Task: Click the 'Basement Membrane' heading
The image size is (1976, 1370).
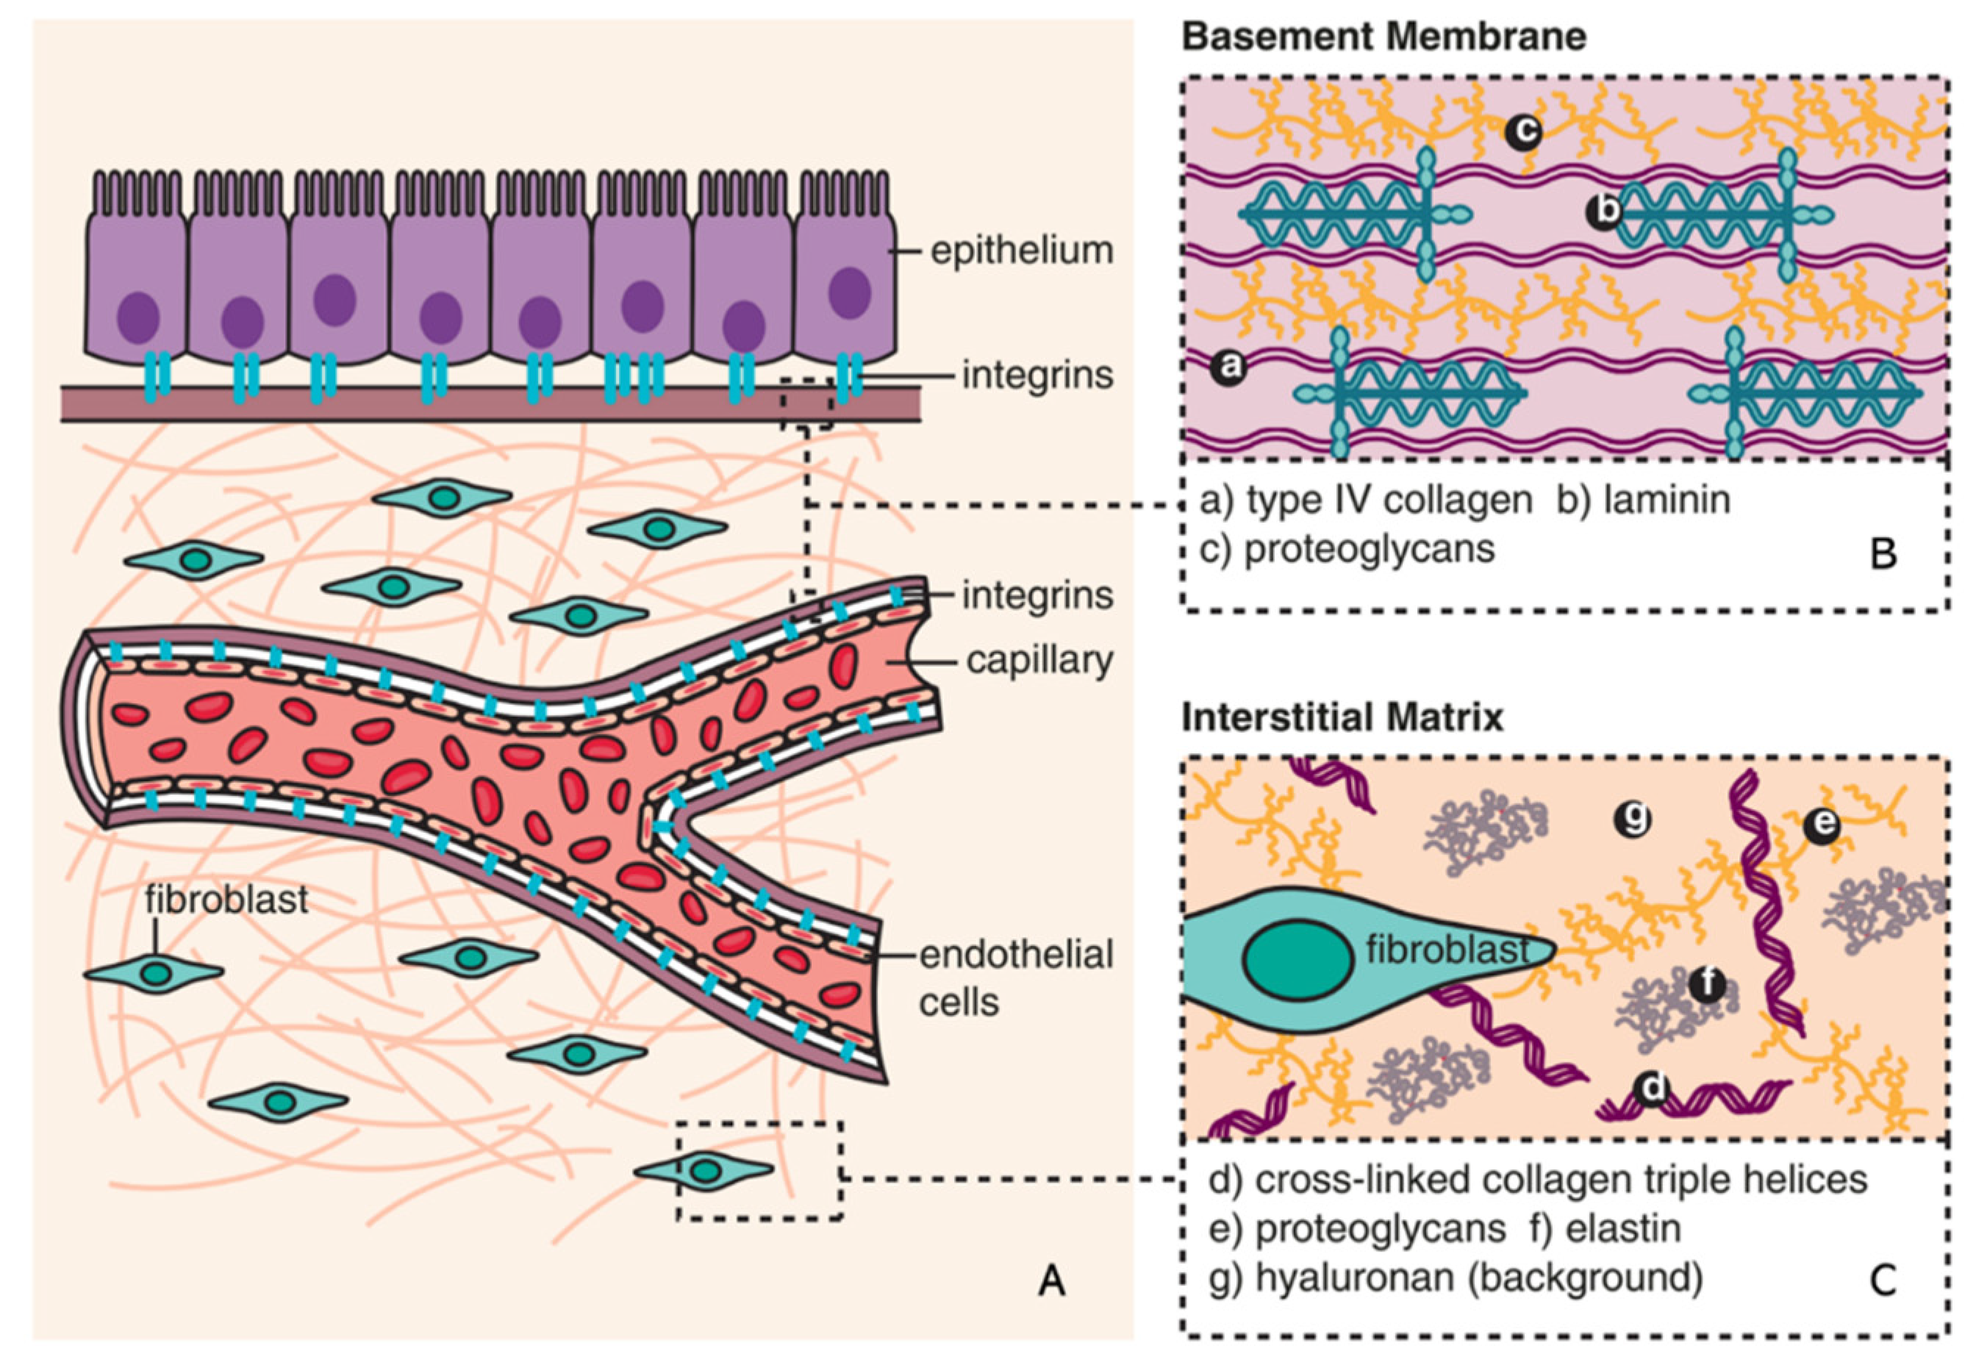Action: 1383,37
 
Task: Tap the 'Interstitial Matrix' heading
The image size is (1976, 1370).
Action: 1342,717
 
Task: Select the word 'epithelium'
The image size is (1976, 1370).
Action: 1022,251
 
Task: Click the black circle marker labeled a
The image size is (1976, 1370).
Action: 1228,367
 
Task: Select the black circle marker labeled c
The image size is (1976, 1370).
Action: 1522,132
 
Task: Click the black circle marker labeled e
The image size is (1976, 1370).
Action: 1822,827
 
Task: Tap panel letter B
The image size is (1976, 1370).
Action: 1883,554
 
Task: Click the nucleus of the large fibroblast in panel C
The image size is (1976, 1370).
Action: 1298,961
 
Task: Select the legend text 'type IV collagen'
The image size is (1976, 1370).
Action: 1388,500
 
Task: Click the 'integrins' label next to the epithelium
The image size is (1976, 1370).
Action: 1037,375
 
